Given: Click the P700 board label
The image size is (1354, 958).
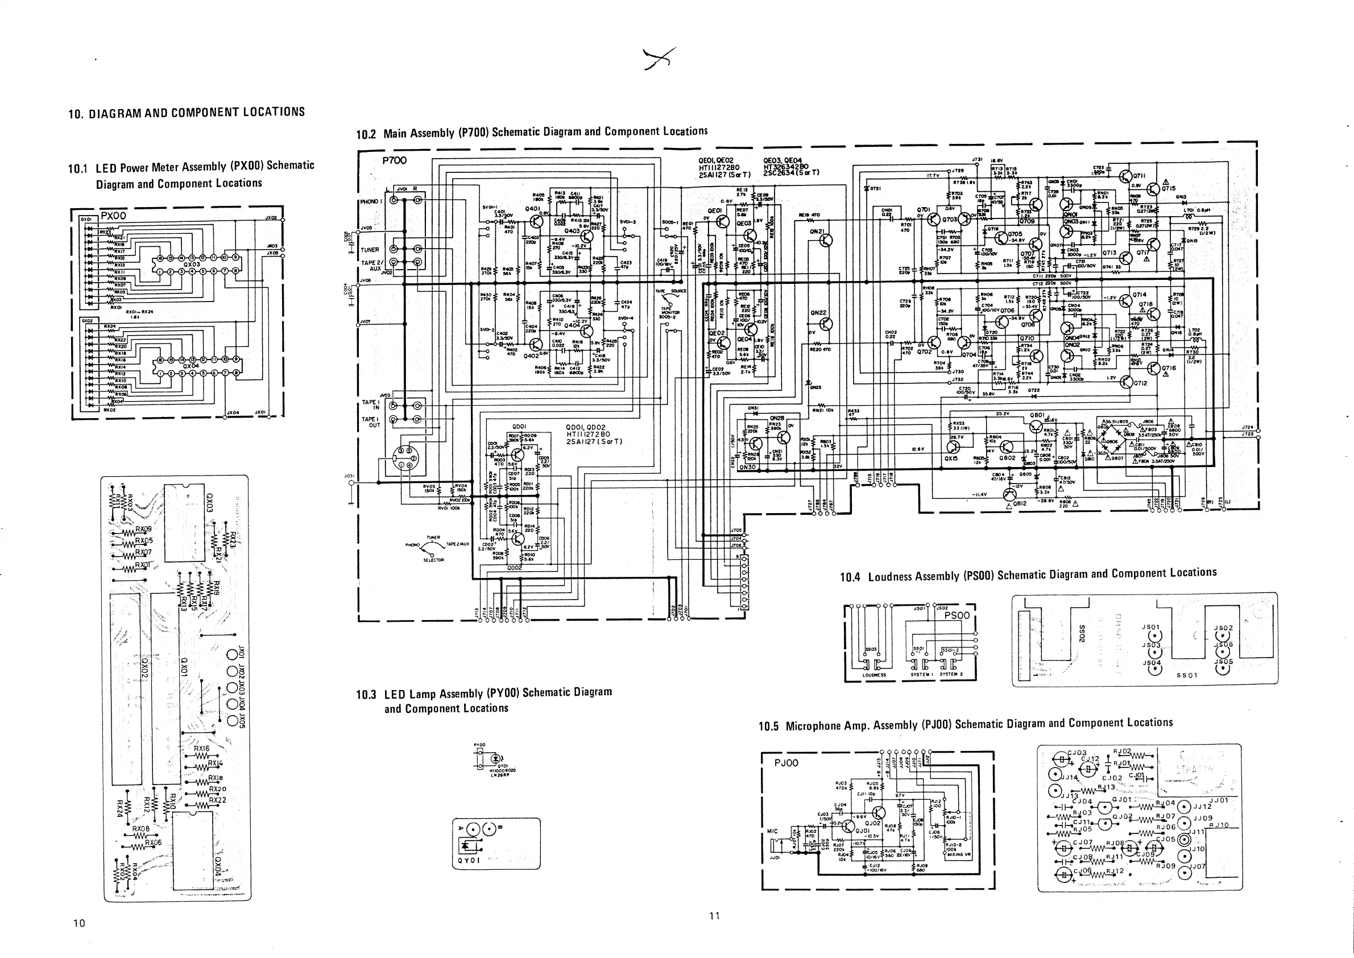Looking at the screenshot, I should click(x=395, y=160).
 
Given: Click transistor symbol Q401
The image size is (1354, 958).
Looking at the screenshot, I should click(x=536, y=221).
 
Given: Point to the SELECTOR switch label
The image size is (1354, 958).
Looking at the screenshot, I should click(x=433, y=560).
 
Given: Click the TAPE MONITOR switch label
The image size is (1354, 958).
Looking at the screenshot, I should click(x=669, y=311).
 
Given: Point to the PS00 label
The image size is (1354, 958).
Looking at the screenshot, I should click(x=957, y=616).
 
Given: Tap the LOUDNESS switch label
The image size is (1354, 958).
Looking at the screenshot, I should click(x=874, y=674).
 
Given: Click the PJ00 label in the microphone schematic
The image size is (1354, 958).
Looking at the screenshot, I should click(x=786, y=763).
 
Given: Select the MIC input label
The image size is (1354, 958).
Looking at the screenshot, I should click(x=772, y=831).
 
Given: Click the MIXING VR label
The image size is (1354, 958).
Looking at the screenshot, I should click(x=958, y=854).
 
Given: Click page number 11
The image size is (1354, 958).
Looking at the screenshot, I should click(x=714, y=915).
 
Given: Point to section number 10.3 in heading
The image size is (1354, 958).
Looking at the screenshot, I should click(x=366, y=694).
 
